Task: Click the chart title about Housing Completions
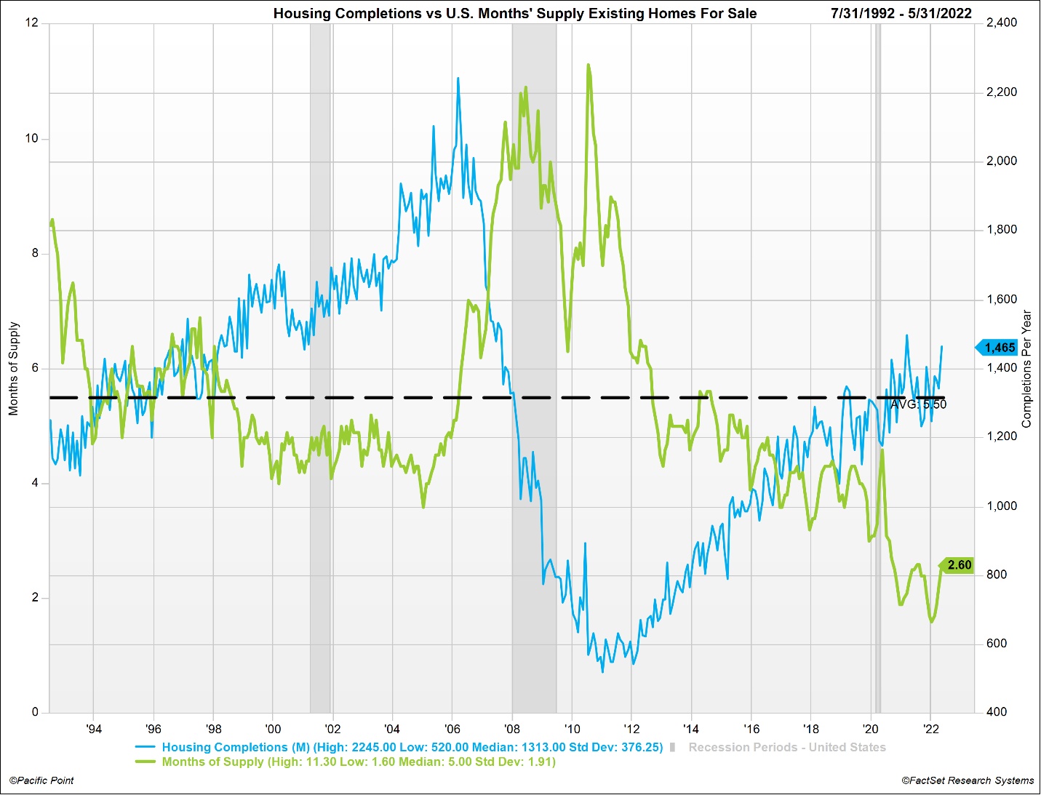click(514, 13)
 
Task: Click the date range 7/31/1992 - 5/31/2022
click(901, 13)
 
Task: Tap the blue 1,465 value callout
click(999, 348)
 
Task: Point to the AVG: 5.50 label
click(919, 404)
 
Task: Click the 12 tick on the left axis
click(31, 23)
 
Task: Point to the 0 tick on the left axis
click(35, 712)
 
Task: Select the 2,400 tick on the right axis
click(1002, 23)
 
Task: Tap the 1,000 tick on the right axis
click(1002, 506)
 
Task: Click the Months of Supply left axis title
click(14, 369)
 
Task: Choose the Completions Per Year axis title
click(1026, 369)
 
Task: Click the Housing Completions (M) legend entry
click(412, 747)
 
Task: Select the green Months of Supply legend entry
click(358, 762)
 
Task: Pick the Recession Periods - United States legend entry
click(786, 747)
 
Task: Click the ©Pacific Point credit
click(41, 780)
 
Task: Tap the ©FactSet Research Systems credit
click(968, 780)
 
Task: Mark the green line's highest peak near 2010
click(588, 65)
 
